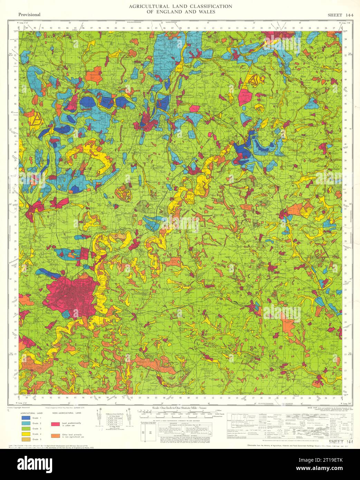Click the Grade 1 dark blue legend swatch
pyautogui.click(x=25, y=418)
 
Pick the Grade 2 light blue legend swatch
pyautogui.click(x=25, y=423)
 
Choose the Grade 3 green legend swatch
pyautogui.click(x=25, y=429)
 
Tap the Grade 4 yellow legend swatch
pyautogui.click(x=25, y=434)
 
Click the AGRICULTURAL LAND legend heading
pyautogui.click(x=31, y=413)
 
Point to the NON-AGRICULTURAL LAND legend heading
pyautogui.click(x=67, y=413)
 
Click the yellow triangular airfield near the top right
pyautogui.click(x=253, y=80)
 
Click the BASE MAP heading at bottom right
pyautogui.click(x=313, y=408)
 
